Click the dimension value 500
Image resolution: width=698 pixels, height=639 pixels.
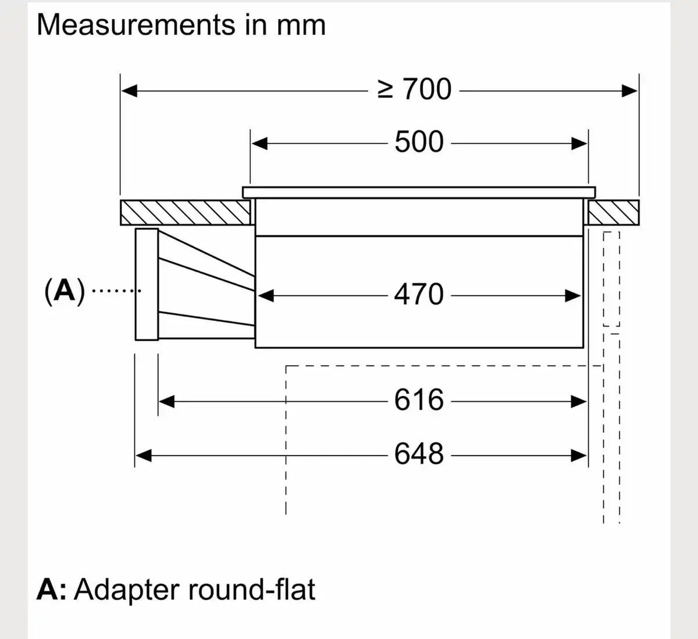[419, 142]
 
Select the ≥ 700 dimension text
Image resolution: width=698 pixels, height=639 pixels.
[414, 89]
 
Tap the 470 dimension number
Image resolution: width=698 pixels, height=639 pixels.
[419, 295]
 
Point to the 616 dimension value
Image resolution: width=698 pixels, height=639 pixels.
[419, 400]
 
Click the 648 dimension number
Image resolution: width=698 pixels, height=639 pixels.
[419, 454]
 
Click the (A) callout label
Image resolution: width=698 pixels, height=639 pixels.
[65, 291]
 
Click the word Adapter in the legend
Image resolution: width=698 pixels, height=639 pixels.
[126, 590]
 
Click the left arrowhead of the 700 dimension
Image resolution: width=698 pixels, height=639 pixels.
[129, 91]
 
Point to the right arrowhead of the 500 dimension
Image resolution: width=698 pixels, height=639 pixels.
[579, 144]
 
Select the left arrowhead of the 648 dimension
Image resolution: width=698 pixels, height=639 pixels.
[143, 456]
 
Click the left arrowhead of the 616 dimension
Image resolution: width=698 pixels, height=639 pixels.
[167, 401]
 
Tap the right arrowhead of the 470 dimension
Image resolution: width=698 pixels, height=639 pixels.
[572, 296]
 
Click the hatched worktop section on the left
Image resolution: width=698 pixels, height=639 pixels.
[186, 213]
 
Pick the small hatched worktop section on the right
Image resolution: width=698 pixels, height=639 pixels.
[614, 213]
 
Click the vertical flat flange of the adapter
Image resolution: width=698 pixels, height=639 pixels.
[147, 284]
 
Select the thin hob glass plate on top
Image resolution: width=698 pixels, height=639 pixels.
[419, 192]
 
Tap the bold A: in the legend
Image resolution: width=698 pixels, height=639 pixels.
[52, 589]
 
